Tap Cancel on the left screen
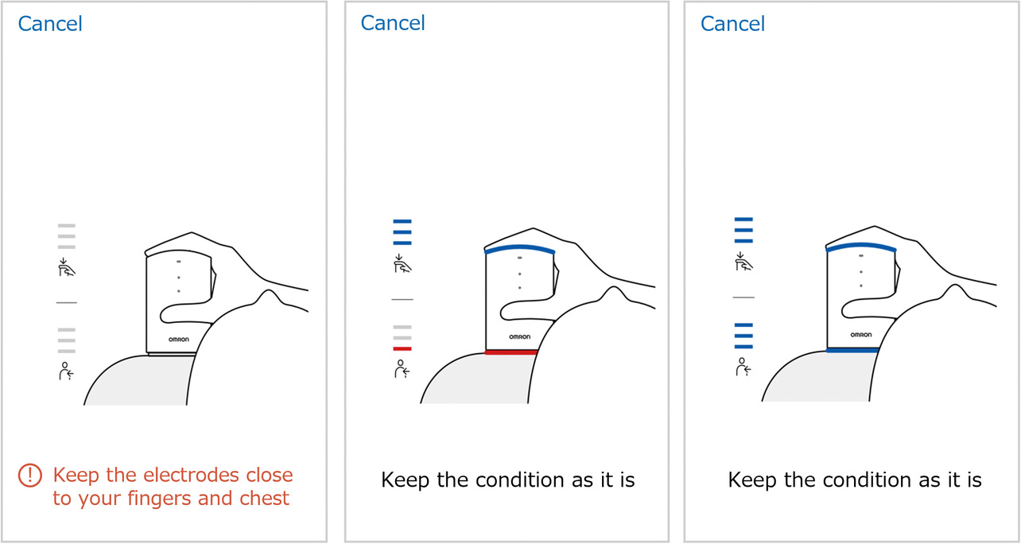coord(50,24)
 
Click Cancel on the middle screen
coord(393,23)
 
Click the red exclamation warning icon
coord(29,476)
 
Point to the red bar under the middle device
coord(511,352)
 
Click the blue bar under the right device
coord(852,350)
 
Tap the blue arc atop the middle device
coord(519,248)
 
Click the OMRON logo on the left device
coord(179,338)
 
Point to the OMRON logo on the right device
coord(861,335)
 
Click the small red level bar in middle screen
coord(402,348)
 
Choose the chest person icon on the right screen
coord(743,367)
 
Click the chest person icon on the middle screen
coord(402,369)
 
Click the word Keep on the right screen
coord(753,480)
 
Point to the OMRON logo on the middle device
coord(520,336)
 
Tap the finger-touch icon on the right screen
coord(743,261)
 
